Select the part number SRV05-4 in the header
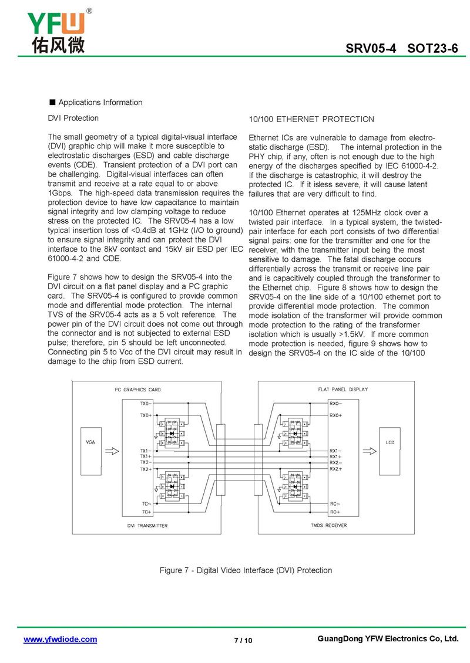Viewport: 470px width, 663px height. (371, 49)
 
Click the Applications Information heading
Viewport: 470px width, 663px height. (100, 102)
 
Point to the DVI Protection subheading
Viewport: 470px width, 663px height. (73, 118)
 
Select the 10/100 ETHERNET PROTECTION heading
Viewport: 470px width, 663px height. (311, 119)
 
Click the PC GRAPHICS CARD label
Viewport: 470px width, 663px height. (137, 390)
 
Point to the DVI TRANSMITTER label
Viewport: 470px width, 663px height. (147, 525)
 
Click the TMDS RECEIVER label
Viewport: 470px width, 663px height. (328, 525)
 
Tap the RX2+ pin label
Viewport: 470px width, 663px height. (335, 469)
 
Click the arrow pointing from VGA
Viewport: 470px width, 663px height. (112, 452)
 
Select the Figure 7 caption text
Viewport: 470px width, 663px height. (246, 570)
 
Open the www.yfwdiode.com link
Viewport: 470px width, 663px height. (60, 640)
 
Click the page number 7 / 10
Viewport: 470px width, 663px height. (243, 640)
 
